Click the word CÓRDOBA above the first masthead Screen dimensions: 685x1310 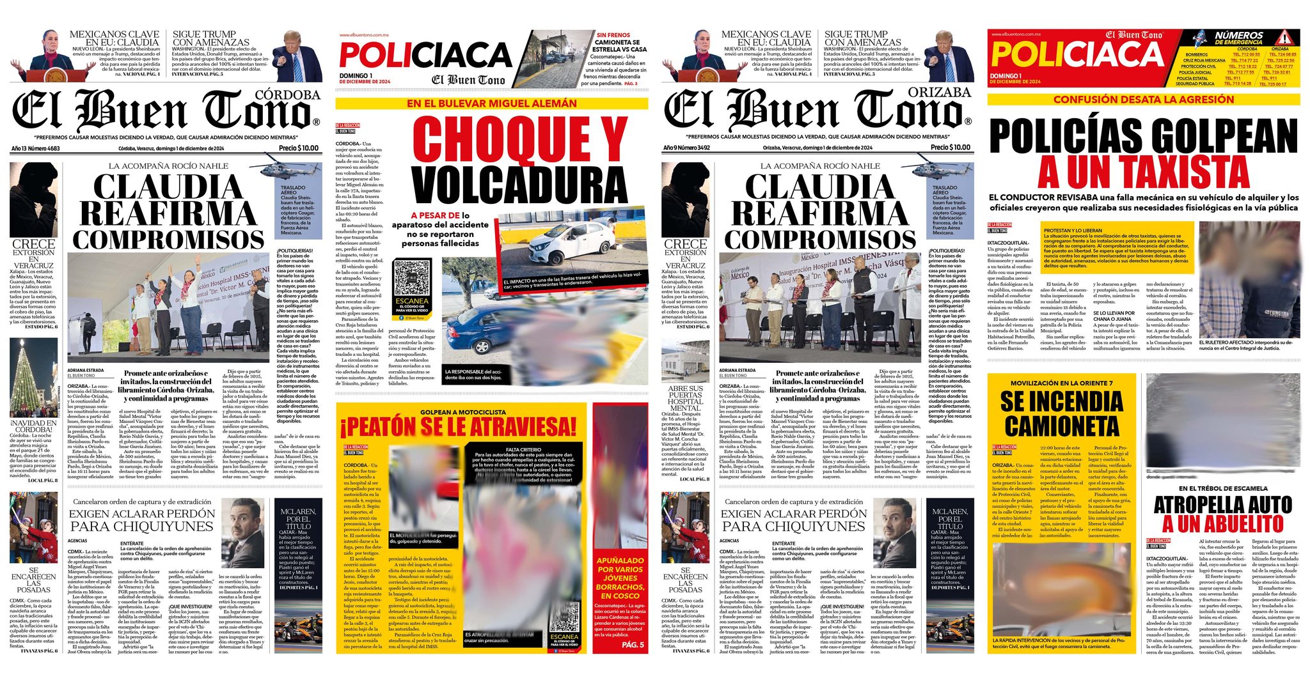(287, 95)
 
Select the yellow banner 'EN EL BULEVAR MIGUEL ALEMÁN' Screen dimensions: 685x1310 (491, 103)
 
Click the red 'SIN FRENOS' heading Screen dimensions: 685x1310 (613, 35)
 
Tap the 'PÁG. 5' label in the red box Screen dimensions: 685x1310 (633, 645)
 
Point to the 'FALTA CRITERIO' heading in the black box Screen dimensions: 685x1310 (523, 450)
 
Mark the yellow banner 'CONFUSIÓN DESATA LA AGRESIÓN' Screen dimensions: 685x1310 (1143, 100)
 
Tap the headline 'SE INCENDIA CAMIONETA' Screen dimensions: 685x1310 (1061, 413)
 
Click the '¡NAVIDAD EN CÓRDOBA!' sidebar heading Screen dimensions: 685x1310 (33, 426)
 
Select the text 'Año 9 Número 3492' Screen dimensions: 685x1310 (687, 148)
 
